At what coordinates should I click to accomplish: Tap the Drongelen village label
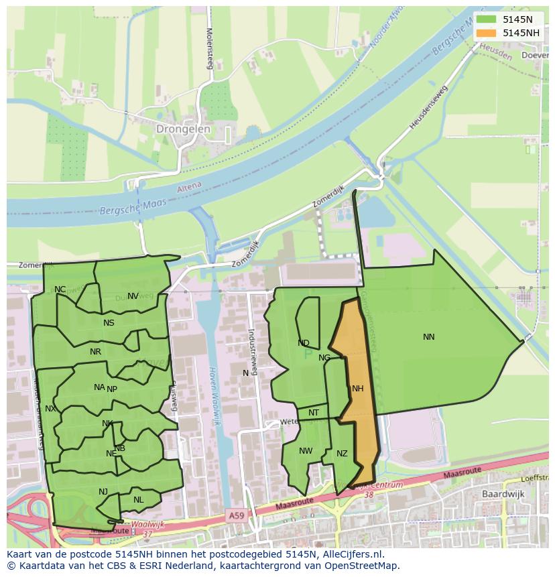[183, 129]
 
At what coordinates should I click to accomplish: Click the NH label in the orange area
[357, 389]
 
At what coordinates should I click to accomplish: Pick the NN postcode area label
[429, 337]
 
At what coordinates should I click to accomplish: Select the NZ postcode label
[342, 454]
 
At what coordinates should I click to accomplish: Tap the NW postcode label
[306, 451]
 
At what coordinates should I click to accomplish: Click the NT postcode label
[314, 413]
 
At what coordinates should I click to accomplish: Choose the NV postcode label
[133, 296]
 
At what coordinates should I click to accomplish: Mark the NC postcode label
[60, 290]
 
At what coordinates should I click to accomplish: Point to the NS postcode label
[109, 323]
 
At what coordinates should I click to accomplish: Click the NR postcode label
[95, 352]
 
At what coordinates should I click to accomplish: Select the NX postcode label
[50, 409]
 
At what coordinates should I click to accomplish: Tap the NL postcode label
[138, 500]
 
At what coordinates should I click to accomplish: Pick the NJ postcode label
[103, 492]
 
